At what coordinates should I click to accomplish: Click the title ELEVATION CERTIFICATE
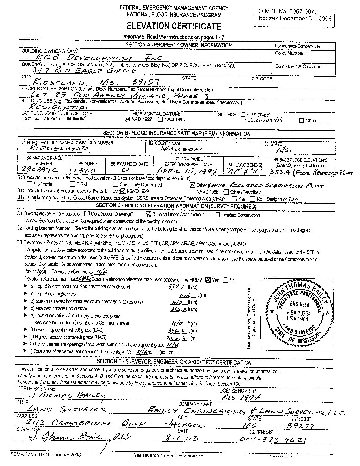174,26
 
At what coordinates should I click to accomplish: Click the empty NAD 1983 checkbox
160,120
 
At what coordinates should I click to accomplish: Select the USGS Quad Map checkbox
243,120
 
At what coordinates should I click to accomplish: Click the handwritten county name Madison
180,149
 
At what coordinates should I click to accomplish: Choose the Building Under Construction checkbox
148,214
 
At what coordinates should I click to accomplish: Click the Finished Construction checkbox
217,215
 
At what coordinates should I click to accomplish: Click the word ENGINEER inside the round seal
300,304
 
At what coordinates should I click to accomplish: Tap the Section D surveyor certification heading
174,362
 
